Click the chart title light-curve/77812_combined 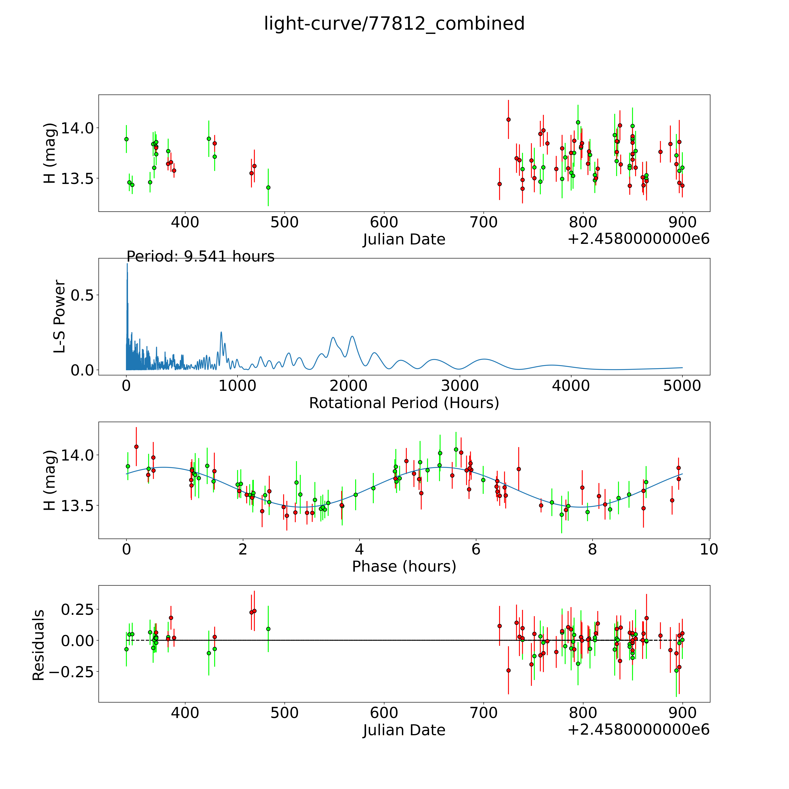point(394,24)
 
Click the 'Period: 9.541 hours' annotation point(200,256)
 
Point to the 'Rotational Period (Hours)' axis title point(404,403)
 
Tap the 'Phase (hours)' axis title point(404,566)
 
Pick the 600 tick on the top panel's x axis point(384,223)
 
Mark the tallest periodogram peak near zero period point(127,265)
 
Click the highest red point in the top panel point(508,120)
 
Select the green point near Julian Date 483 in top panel point(268,187)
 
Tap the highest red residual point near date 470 point(254,611)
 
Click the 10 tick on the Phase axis point(709,549)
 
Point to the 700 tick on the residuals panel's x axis point(483,713)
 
